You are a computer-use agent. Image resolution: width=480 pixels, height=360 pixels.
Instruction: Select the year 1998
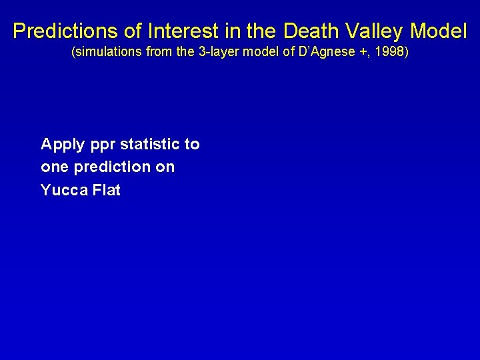(x=387, y=52)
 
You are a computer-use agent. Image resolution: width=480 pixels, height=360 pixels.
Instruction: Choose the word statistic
(x=150, y=144)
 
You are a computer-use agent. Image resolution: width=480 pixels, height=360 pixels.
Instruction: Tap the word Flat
(x=107, y=190)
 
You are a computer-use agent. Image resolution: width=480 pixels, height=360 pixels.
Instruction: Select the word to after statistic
(x=192, y=144)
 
